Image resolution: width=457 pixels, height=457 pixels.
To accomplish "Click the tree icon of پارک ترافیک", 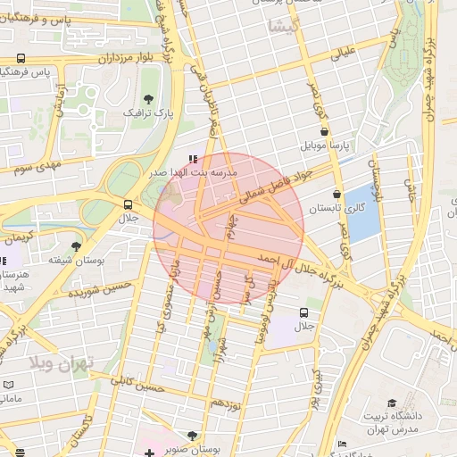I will coord(148,99).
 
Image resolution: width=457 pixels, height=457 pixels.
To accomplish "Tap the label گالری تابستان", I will coord(331,207).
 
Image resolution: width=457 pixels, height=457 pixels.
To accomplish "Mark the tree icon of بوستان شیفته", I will coord(76,246).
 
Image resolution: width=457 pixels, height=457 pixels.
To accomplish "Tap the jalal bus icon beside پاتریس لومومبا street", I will coord(304,313).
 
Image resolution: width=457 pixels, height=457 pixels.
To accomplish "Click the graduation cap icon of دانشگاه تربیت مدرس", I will coord(391,403).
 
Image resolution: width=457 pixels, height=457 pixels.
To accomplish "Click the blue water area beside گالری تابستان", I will coord(361,214).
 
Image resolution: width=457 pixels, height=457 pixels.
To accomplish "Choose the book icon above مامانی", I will coord(8,384).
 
